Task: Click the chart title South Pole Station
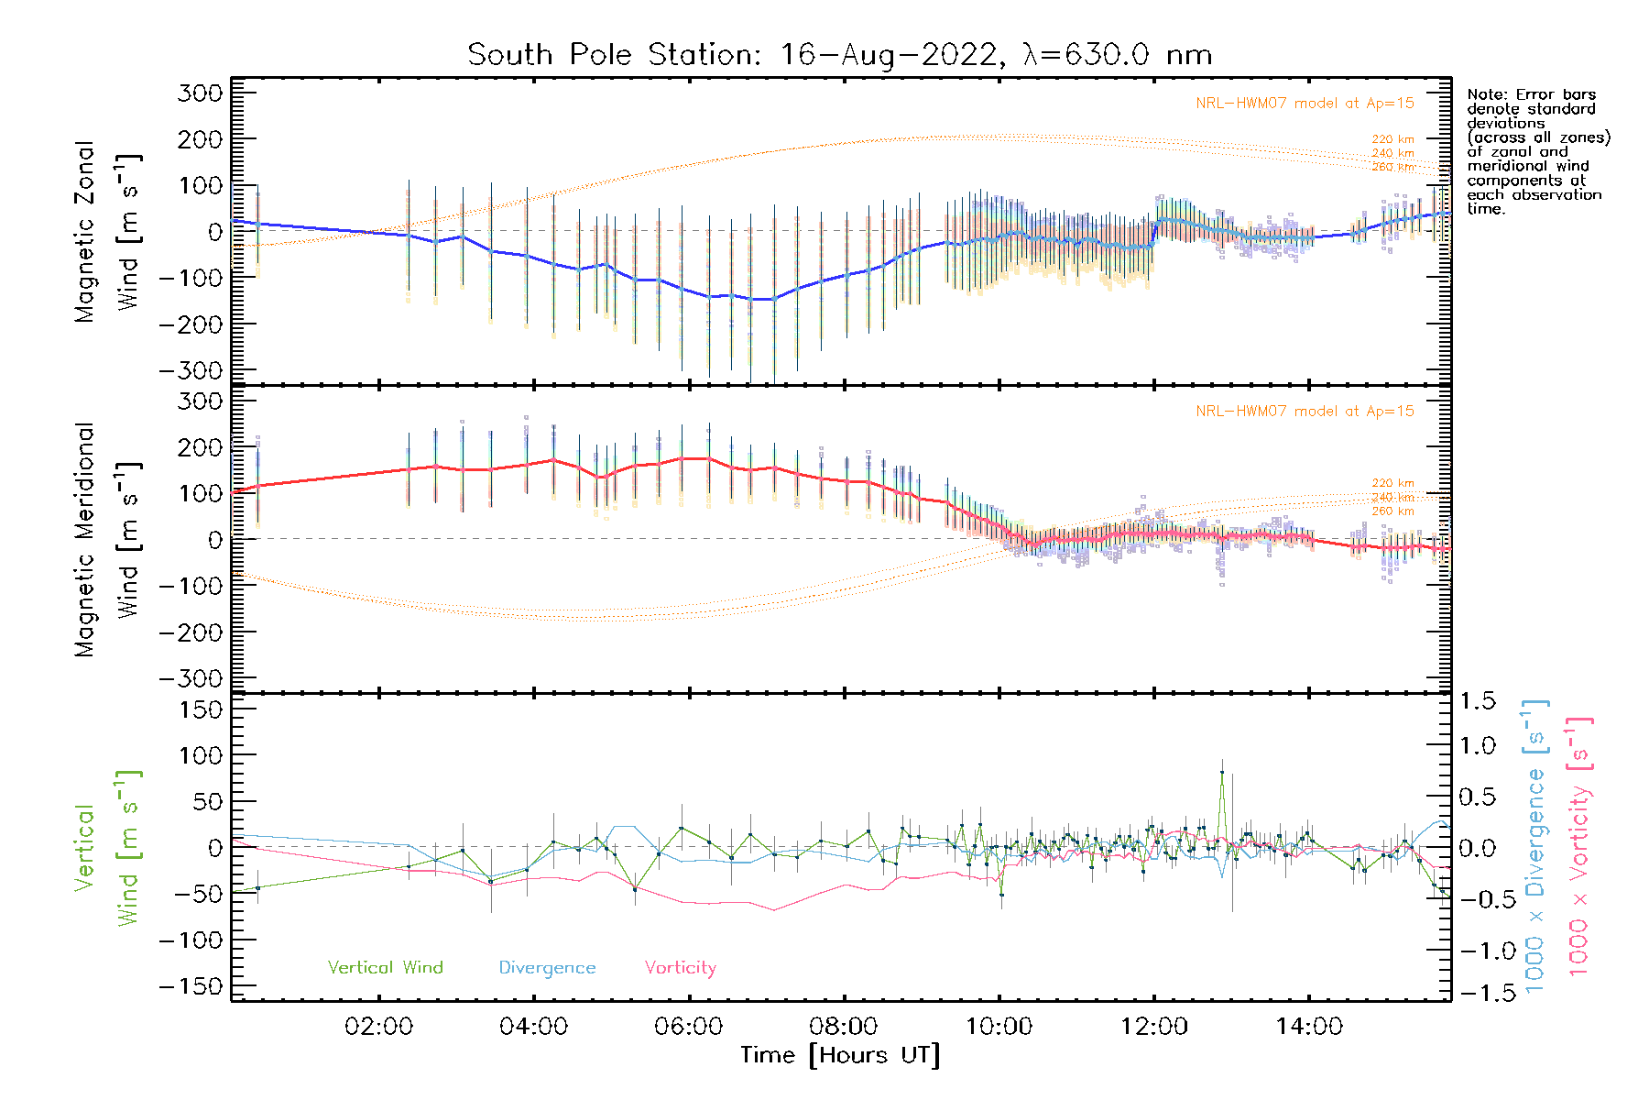coord(839,55)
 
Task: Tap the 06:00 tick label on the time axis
coord(688,1027)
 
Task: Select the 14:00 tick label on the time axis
coord(1309,1027)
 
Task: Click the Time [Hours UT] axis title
coord(840,1055)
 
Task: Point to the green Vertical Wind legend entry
coord(385,968)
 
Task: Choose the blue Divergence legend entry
coord(547,968)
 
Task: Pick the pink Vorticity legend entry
coord(680,968)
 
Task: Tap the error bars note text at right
coord(1537,151)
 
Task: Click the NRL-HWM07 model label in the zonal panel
coord(1305,104)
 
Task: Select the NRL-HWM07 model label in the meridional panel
coord(1305,412)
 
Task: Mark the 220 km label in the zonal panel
coord(1392,139)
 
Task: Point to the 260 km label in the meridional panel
coord(1392,511)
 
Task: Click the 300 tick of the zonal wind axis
coord(201,93)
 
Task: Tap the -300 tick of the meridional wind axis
coord(191,678)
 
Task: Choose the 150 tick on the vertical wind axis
coord(201,709)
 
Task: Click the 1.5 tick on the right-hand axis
coord(1478,701)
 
